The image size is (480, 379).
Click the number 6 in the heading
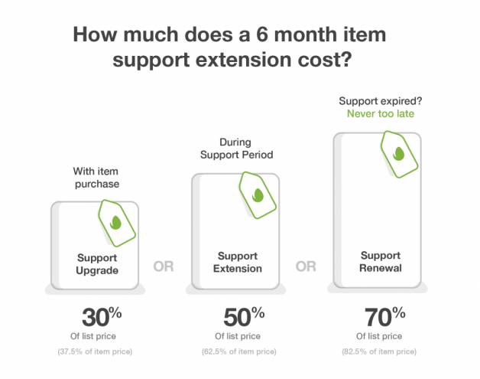click(261, 34)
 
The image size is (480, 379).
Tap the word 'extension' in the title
click(243, 59)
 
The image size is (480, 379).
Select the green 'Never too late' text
click(381, 114)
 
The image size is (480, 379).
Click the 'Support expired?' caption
click(380, 101)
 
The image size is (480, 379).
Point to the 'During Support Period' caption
click(236, 149)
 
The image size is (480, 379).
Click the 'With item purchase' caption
click(96, 178)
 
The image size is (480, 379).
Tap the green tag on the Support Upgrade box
click(117, 223)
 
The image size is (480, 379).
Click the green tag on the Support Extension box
click(258, 195)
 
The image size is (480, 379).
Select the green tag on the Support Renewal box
click(399, 154)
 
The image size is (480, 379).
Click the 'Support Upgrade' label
click(97, 264)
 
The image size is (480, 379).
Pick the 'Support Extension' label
click(238, 262)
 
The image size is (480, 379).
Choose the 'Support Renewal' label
click(380, 262)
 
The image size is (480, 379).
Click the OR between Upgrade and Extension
click(164, 266)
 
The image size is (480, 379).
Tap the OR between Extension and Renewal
click(306, 266)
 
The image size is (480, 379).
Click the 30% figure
click(102, 317)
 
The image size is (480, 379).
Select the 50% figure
click(244, 317)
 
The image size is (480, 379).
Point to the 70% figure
click(384, 317)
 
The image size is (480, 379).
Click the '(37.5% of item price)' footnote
click(95, 351)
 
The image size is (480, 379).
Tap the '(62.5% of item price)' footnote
click(238, 351)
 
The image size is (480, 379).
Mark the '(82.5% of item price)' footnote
click(379, 351)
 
